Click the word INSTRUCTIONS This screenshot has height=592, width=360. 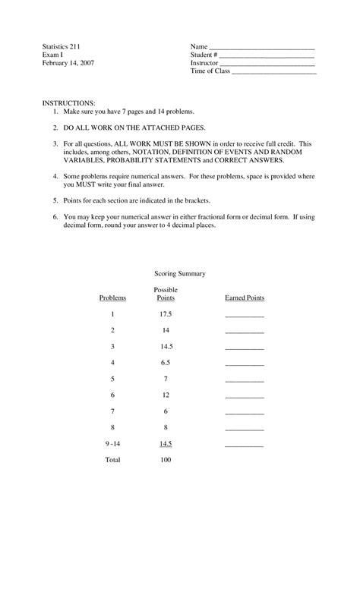[68, 102]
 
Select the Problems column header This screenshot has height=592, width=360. [112, 298]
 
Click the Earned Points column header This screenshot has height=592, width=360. [245, 298]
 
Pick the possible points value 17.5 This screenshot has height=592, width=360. [166, 314]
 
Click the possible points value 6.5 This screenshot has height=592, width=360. [166, 363]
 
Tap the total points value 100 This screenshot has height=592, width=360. [166, 460]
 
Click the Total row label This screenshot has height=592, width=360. [112, 460]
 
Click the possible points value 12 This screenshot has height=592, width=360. [166, 395]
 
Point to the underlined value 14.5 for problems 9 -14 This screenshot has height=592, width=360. [166, 443]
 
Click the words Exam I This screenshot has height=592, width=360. [53, 55]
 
